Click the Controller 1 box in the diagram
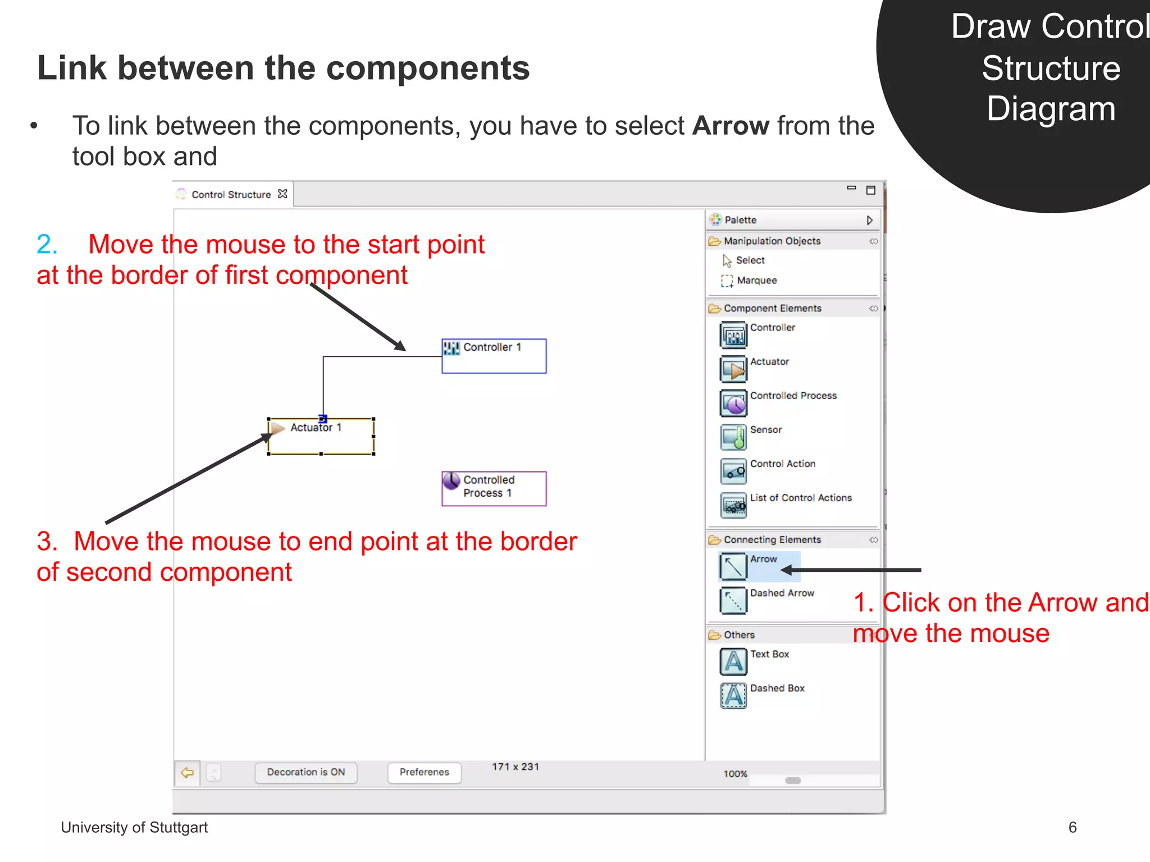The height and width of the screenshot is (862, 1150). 494,356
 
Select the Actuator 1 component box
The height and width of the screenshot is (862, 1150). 321,436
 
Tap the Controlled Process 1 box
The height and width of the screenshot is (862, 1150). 494,488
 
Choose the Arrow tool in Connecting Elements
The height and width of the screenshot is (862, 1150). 733,566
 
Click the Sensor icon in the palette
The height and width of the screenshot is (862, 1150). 733,437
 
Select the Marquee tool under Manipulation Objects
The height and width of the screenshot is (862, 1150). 756,280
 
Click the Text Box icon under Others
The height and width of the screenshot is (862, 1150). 733,661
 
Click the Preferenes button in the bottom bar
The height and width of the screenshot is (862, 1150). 424,772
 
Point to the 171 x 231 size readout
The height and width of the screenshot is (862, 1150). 515,767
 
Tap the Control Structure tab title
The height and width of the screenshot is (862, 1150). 231,195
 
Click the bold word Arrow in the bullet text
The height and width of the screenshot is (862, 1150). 731,126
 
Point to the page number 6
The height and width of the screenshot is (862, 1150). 1072,827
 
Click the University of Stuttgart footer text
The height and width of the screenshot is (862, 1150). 134,827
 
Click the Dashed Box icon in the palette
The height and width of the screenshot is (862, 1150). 733,695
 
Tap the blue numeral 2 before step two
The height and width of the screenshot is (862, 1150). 47,245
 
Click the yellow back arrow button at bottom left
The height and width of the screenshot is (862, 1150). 187,773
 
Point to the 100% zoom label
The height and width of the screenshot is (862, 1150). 735,774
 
